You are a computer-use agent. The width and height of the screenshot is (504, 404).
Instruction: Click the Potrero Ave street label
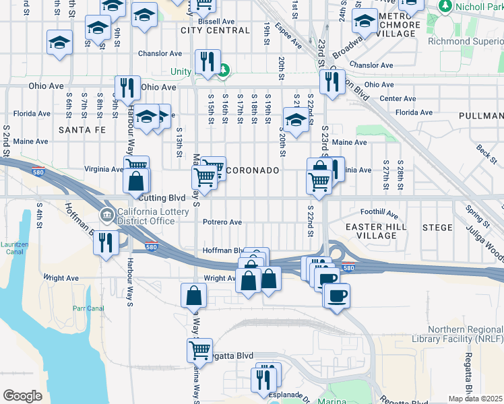(x=222, y=222)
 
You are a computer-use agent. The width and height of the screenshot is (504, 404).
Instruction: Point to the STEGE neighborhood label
(x=437, y=228)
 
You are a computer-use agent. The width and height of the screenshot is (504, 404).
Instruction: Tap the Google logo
(x=22, y=396)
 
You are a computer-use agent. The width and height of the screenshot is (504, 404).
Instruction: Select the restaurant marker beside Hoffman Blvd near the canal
(x=106, y=241)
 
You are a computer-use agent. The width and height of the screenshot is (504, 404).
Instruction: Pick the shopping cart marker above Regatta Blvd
(x=199, y=349)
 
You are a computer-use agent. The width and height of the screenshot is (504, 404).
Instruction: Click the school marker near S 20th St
(x=295, y=119)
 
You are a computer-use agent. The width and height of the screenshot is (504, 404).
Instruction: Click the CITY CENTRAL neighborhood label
(x=216, y=30)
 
